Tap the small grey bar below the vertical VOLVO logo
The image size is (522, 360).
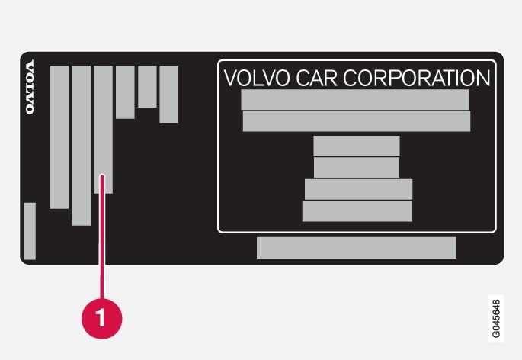coord(30,230)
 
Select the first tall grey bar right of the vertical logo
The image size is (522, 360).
coord(59,137)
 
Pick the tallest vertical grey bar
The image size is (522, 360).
coord(81,145)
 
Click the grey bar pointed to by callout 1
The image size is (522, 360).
coord(103,129)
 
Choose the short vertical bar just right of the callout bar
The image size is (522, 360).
coord(125,92)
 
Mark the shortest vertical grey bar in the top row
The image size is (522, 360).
coord(147,86)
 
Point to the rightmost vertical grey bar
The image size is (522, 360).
coord(168,94)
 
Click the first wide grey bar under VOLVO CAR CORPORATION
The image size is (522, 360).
coord(354,100)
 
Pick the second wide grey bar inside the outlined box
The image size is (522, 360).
coord(356,121)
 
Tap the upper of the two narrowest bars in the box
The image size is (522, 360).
coord(356,146)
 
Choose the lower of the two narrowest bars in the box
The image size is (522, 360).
coord(356,167)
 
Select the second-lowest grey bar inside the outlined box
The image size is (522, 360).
coord(358,189)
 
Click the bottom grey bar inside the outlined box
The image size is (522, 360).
coord(357,211)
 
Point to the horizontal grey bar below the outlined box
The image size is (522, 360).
coord(356,248)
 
